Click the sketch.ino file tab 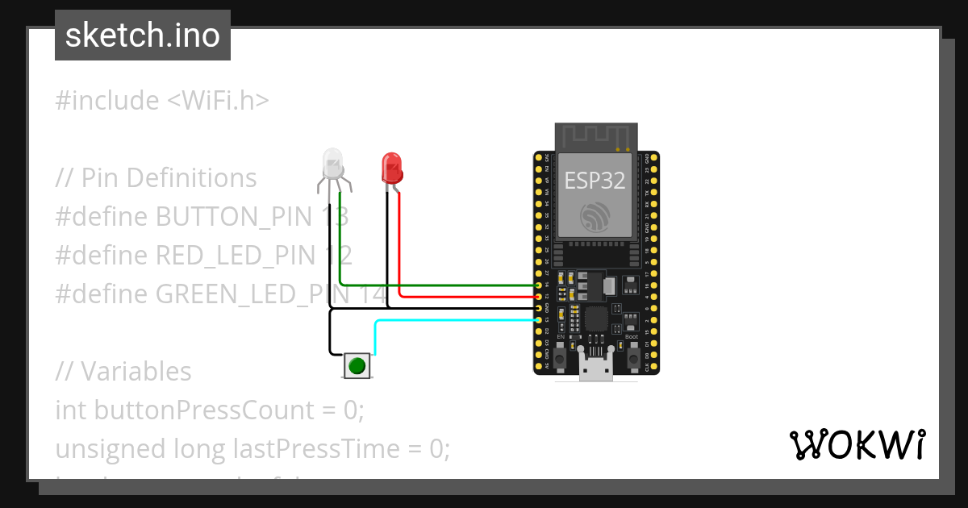click(x=143, y=35)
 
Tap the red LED click(x=391, y=168)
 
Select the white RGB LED click(x=333, y=164)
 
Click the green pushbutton click(x=357, y=366)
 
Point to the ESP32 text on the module click(x=595, y=180)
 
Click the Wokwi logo click(x=857, y=444)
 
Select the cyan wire click(x=452, y=321)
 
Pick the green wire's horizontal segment click(x=436, y=285)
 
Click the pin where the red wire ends click(x=538, y=297)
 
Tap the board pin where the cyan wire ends click(x=538, y=320)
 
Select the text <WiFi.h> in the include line click(x=218, y=101)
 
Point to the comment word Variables click(x=136, y=372)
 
